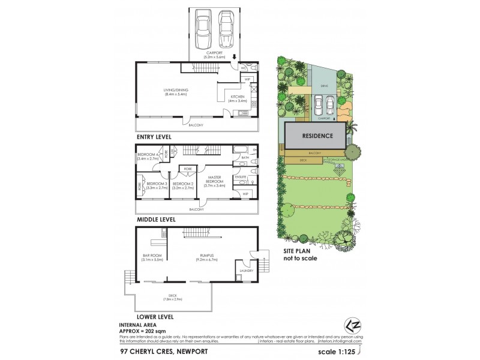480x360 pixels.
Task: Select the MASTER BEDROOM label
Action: (214, 181)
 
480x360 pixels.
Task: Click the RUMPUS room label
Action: (208, 256)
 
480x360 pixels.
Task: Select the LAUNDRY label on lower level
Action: (247, 271)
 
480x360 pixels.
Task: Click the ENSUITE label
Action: (241, 177)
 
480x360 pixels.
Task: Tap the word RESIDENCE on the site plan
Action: (317, 136)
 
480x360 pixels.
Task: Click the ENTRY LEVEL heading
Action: (154, 137)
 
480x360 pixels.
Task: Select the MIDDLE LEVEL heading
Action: (155, 220)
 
